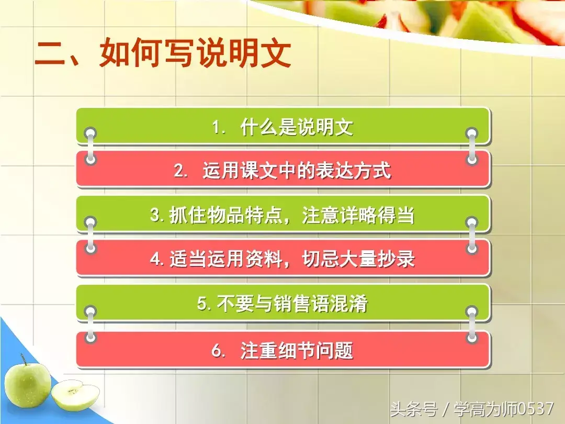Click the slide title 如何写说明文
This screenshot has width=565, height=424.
(195, 53)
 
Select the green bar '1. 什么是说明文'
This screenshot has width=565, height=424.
(283, 126)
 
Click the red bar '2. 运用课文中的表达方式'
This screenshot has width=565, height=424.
(283, 170)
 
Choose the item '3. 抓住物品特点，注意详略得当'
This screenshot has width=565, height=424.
(283, 215)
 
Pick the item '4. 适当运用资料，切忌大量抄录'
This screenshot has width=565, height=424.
(283, 259)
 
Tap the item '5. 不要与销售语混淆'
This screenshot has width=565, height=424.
(283, 303)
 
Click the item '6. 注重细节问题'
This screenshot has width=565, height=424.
(283, 349)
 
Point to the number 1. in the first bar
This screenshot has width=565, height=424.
(218, 127)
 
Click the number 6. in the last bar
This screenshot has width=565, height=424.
(218, 350)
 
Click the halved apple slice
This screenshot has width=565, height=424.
(75, 396)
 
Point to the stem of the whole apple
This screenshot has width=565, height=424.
(24, 360)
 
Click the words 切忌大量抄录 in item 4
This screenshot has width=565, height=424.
(358, 259)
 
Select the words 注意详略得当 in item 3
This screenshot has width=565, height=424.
(358, 215)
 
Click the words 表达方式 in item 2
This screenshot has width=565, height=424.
(353, 170)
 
